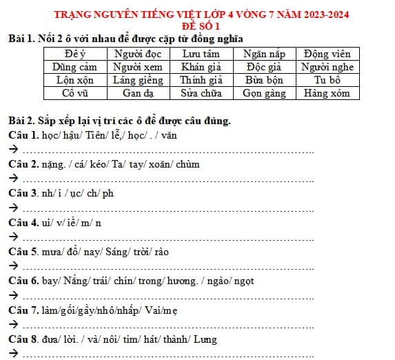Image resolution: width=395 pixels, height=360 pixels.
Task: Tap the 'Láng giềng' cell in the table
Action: (137, 80)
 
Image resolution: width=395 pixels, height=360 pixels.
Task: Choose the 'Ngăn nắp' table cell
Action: (263, 54)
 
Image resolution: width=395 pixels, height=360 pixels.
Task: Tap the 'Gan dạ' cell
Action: (137, 93)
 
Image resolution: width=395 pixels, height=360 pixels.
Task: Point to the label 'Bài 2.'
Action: (20, 121)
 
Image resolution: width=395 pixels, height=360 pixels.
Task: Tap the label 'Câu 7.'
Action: (21, 310)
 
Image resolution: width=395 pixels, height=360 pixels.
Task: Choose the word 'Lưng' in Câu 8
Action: (205, 339)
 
